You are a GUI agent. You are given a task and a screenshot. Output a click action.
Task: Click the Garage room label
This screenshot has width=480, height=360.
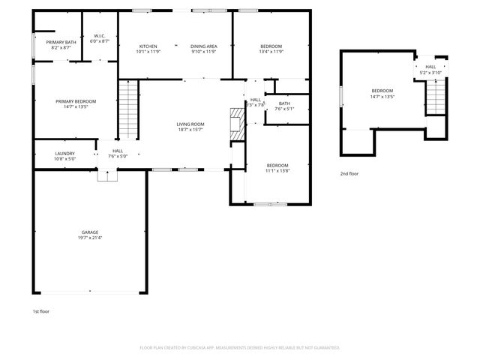click(90, 232)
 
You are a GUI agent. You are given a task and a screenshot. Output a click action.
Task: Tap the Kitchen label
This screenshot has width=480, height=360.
click(147, 46)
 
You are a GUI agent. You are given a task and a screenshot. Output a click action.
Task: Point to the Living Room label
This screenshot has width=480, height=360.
click(190, 124)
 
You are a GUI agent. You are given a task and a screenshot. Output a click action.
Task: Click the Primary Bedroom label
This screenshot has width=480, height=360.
click(76, 100)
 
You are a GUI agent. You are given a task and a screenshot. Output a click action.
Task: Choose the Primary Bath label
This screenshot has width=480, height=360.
click(61, 42)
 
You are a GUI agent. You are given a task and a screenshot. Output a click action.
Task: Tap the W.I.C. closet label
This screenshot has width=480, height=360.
click(100, 36)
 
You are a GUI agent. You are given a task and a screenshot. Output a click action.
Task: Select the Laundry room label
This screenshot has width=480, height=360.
click(64, 153)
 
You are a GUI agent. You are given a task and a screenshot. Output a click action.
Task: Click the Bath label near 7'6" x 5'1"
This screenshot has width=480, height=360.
click(284, 103)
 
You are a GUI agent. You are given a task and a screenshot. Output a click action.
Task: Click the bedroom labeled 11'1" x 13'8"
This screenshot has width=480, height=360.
click(277, 165)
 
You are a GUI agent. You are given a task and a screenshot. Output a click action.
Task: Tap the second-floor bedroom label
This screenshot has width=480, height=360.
click(382, 91)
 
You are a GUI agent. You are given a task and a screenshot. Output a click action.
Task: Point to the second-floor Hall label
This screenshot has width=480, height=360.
click(430, 67)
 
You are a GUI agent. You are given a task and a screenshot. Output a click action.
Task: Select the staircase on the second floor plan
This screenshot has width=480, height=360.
click(436, 94)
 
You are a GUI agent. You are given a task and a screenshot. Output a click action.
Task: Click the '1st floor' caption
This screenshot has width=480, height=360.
click(40, 310)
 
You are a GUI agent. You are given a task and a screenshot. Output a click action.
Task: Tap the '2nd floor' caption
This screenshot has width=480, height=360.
click(349, 173)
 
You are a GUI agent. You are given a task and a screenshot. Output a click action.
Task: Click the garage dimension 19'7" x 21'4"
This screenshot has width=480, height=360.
click(90, 238)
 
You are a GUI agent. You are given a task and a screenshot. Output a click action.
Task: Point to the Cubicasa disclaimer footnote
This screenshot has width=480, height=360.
click(240, 347)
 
